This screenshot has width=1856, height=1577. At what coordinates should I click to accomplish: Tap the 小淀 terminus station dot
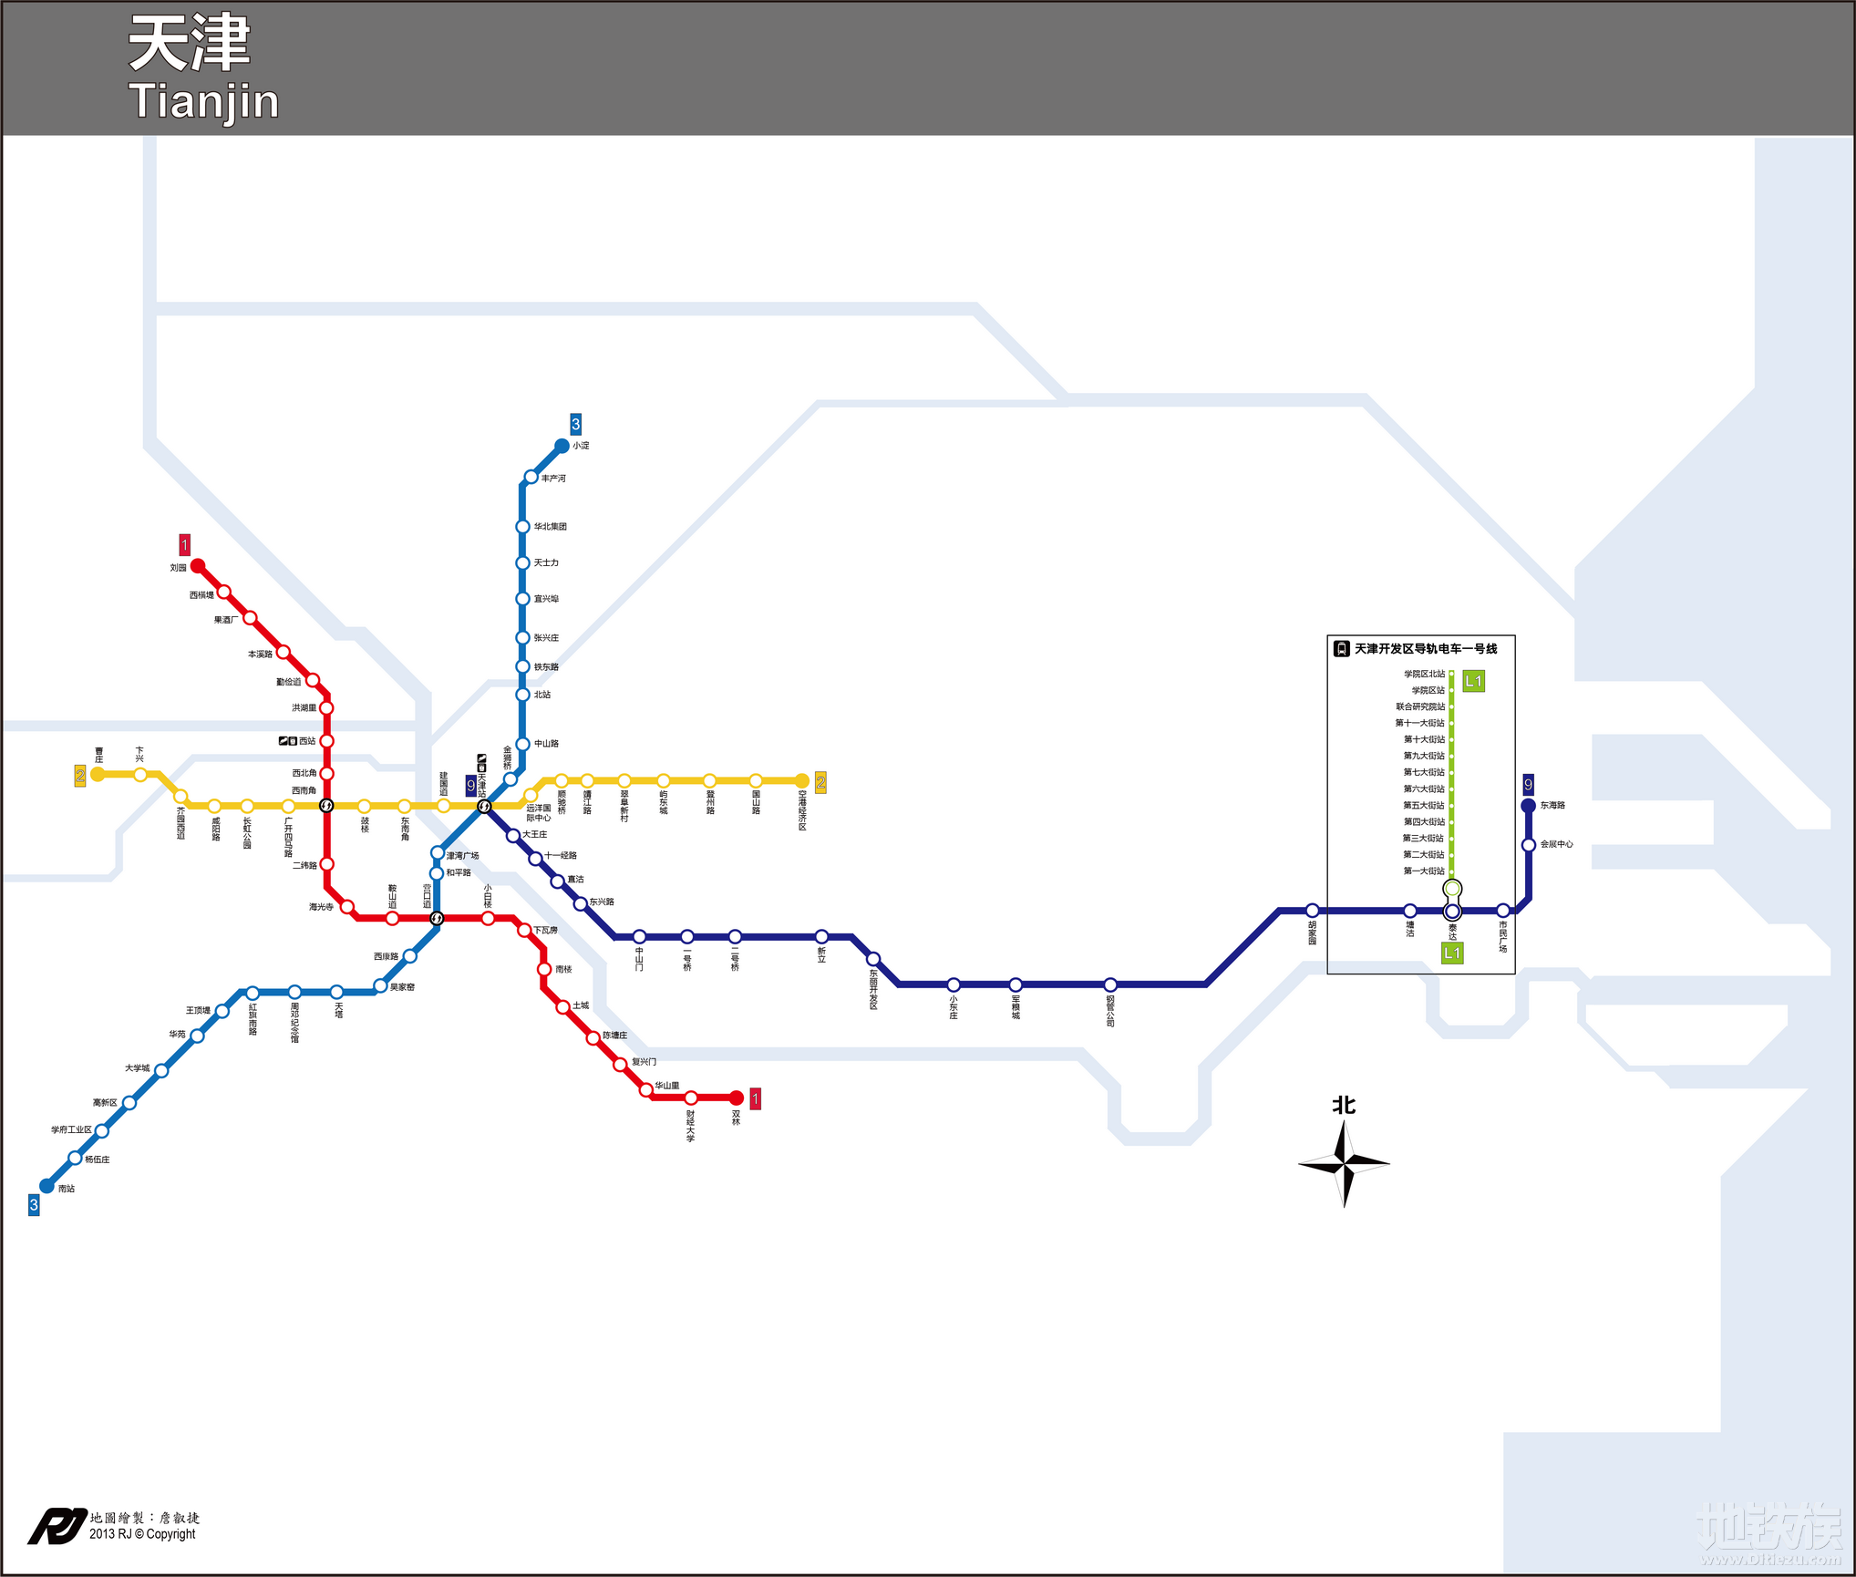point(562,446)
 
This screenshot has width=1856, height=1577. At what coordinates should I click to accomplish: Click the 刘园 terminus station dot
point(198,566)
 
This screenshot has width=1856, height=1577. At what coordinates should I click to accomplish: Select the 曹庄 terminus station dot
point(98,774)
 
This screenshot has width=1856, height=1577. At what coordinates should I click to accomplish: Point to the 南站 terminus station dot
point(46,1186)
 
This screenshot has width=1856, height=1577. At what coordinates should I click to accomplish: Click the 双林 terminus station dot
point(737,1098)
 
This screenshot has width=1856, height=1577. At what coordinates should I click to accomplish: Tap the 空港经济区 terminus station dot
point(802,780)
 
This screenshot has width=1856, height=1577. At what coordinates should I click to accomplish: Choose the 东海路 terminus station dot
point(1529,806)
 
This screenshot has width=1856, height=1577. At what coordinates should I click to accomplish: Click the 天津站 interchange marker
point(484,806)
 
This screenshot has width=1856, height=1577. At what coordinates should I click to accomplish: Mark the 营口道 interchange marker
point(437,918)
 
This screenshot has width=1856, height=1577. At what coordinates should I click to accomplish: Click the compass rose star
point(1344,1163)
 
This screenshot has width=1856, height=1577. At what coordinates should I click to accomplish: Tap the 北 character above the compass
point(1344,1106)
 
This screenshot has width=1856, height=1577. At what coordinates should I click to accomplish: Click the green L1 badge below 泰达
point(1452,953)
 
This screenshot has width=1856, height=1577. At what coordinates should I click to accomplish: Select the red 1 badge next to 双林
point(755,1098)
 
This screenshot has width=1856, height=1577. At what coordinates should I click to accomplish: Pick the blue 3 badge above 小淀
point(575,424)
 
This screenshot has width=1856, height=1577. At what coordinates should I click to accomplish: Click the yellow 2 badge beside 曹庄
point(80,776)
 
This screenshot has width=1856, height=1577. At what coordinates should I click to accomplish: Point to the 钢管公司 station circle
point(1110,984)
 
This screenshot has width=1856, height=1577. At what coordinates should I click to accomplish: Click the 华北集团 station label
point(551,527)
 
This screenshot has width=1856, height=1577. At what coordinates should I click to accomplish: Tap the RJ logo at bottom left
point(57,1526)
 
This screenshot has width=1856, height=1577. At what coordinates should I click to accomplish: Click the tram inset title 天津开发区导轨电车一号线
point(1426,649)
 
